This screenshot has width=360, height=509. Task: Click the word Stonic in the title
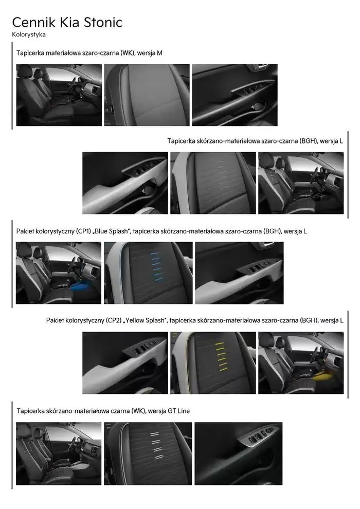pos(103,23)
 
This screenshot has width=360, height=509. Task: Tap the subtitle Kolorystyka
pos(29,34)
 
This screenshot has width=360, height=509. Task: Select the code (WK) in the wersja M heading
pos(128,53)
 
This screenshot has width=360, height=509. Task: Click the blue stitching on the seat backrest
pos(155,266)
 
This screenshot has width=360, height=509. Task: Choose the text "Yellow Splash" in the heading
pos(145,320)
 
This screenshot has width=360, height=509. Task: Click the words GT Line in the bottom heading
pos(179,411)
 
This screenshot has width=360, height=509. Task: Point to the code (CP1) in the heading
pos(84,231)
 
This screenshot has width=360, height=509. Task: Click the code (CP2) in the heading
pos(114,320)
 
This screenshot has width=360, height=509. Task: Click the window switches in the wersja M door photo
pos(253,88)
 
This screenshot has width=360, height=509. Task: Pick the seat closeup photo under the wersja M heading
pos(147,95)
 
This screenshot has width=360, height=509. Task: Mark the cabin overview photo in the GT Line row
pos(59,453)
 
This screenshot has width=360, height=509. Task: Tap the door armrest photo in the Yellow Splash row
pos(125,363)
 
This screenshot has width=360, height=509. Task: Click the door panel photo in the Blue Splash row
pos(239,273)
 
